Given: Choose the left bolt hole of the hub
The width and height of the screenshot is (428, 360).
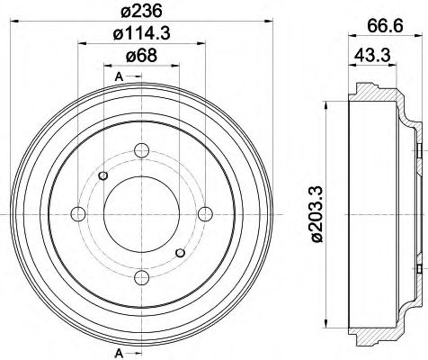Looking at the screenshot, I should pyautogui.click(x=77, y=212).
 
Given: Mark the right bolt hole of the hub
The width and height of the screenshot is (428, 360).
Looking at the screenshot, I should pyautogui.click(x=206, y=212).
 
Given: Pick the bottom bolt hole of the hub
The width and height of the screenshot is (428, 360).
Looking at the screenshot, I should pyautogui.click(x=142, y=277).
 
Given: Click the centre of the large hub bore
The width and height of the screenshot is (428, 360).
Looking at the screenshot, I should pyautogui.click(x=142, y=212).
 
